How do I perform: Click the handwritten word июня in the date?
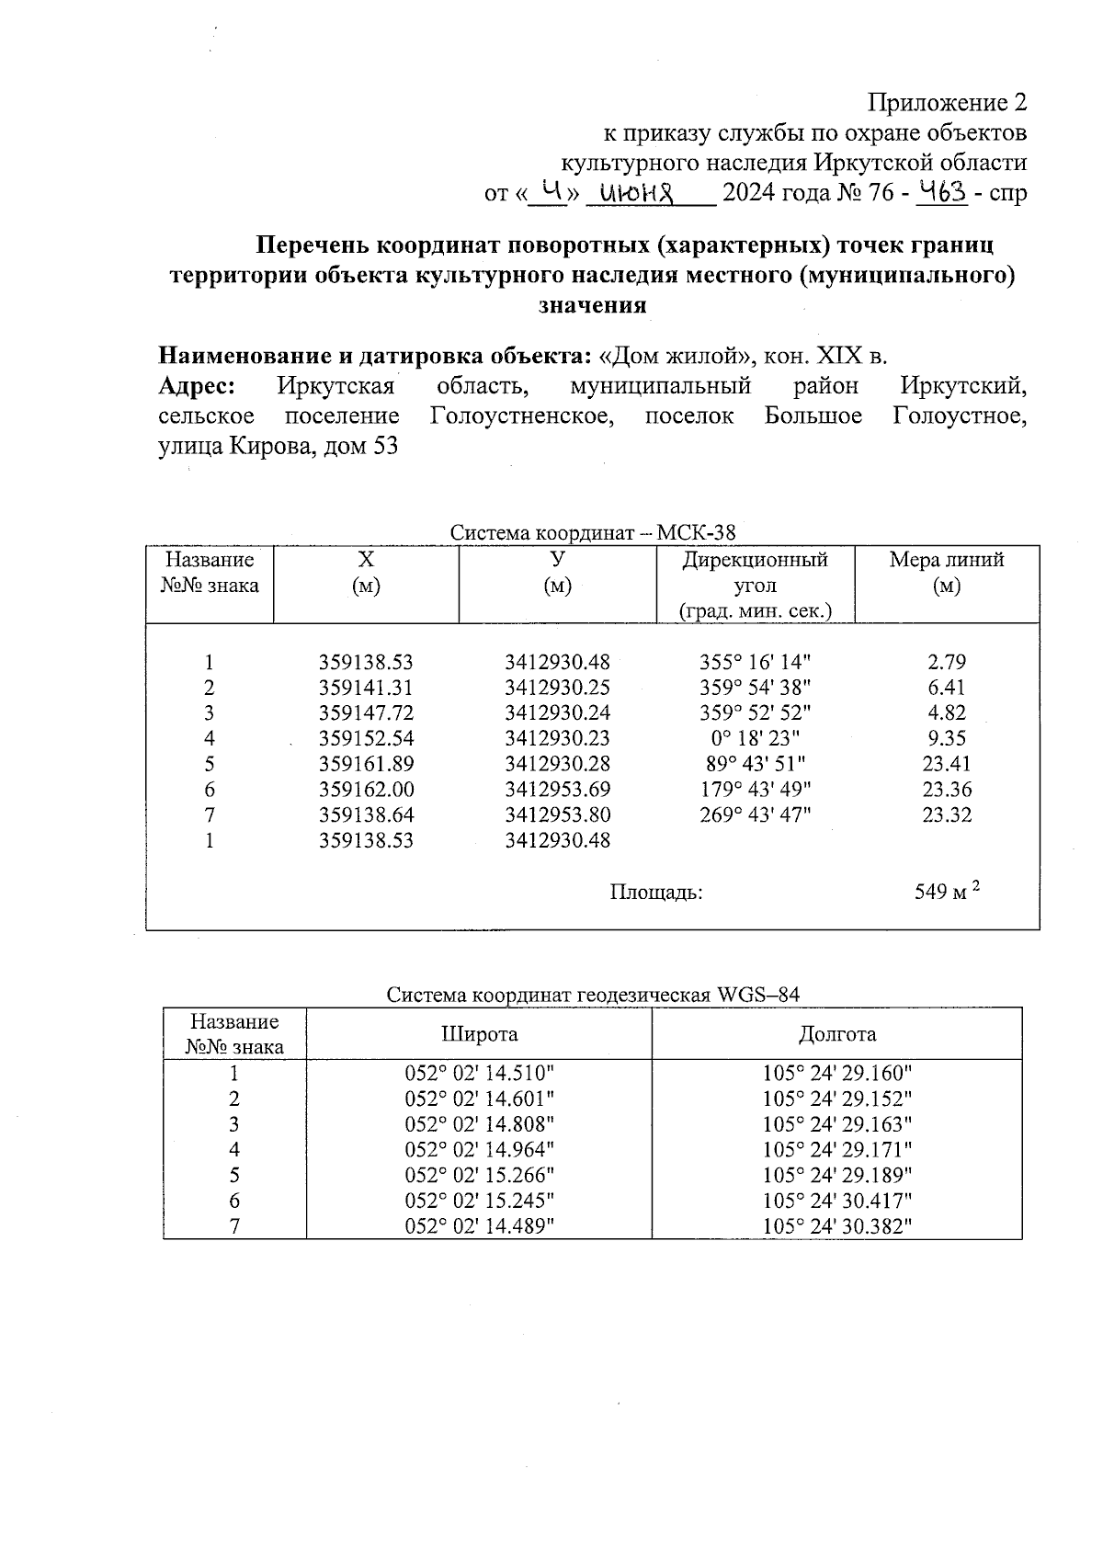637,194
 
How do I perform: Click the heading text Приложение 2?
947,102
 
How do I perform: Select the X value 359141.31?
366,688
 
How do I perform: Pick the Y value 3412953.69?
557,790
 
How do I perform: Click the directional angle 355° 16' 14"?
755,663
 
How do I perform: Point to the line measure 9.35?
946,738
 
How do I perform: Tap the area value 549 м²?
946,892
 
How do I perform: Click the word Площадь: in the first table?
656,892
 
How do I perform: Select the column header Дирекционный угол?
755,572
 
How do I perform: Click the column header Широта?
479,1034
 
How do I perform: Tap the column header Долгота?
836,1034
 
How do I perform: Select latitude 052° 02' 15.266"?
480,1175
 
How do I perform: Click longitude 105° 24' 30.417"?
836,1201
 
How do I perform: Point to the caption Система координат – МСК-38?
593,533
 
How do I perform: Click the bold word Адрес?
196,386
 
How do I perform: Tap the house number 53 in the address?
385,448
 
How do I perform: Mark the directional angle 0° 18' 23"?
755,738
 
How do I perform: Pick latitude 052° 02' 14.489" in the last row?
480,1226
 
